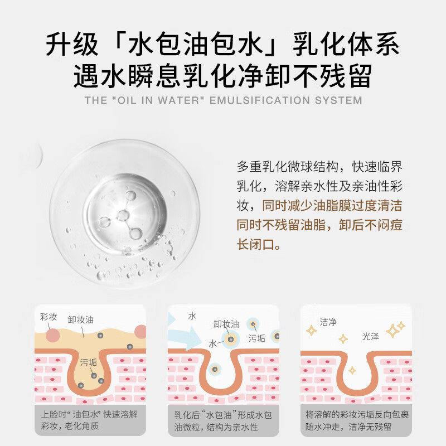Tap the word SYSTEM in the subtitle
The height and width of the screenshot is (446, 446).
339,101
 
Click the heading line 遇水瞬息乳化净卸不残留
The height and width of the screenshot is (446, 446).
223,76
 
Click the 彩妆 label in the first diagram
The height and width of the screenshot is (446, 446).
49,317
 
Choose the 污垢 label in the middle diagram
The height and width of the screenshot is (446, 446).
257,338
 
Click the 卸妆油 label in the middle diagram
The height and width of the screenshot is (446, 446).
226,323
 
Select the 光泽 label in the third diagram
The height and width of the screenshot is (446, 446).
371,336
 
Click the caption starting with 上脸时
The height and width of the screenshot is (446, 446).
89,421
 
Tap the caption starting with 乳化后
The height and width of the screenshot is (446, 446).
223,421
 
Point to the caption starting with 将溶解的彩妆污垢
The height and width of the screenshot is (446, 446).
357,421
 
